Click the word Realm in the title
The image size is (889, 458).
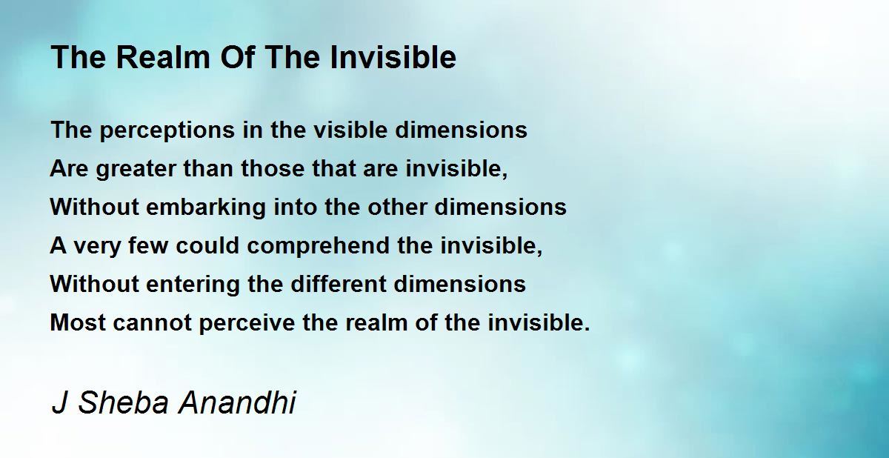click(x=163, y=57)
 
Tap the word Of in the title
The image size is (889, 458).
click(x=237, y=57)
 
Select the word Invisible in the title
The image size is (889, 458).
click(x=393, y=57)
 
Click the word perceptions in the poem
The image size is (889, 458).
click(x=167, y=131)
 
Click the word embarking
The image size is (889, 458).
click(x=206, y=208)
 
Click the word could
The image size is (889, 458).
click(x=207, y=245)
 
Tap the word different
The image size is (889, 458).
click(x=339, y=284)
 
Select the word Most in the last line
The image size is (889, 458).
click(x=78, y=322)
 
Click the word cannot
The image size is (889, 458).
click(x=153, y=323)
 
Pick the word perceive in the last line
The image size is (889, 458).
click(x=247, y=323)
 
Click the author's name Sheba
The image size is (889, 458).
click(x=124, y=402)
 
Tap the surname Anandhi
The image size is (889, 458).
click(x=237, y=402)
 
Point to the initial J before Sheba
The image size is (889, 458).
click(x=59, y=402)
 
